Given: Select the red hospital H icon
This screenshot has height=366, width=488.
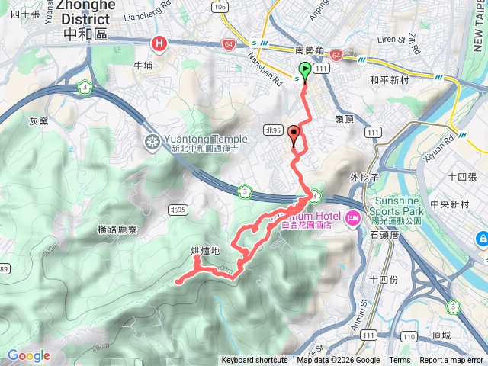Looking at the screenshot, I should click(x=159, y=44).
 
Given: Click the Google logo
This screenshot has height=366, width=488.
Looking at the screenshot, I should click(x=28, y=355).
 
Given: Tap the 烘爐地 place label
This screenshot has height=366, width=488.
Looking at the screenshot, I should click(x=206, y=251).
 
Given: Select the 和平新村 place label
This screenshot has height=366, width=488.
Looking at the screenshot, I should click(x=390, y=79).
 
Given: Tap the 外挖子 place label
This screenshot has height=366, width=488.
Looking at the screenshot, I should click(x=364, y=178).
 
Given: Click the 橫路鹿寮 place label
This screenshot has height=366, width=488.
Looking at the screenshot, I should click(x=117, y=229).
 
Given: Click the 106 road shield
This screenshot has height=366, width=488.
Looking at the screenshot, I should click(x=220, y=7).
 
